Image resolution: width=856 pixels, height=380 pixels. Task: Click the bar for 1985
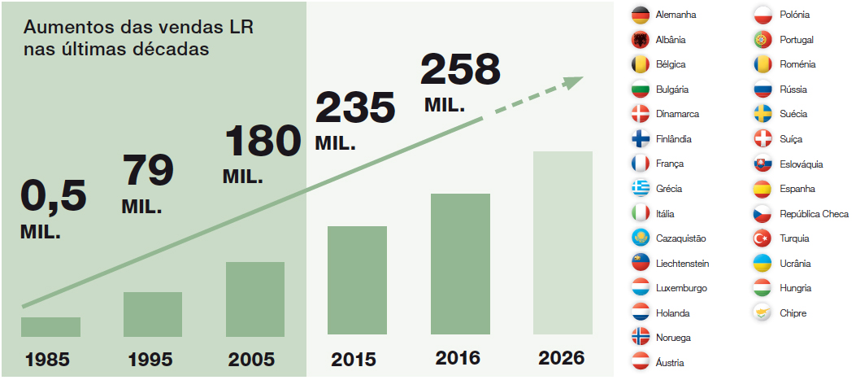[x=50, y=326]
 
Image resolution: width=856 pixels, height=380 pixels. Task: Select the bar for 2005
[x=255, y=299]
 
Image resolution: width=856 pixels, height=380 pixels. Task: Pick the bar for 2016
[x=460, y=264]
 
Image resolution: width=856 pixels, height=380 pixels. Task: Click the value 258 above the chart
[x=460, y=70]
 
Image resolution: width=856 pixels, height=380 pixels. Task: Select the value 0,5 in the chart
[x=53, y=198]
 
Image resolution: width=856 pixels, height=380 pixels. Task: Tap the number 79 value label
[x=148, y=170]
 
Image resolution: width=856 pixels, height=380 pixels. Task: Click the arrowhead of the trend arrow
[x=572, y=82]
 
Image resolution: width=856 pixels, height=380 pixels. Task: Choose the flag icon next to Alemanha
[x=641, y=15]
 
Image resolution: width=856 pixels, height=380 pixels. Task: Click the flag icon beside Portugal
[x=763, y=40]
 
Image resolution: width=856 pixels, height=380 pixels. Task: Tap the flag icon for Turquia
[x=763, y=238]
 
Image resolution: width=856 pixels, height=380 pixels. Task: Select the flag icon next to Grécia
[x=641, y=189]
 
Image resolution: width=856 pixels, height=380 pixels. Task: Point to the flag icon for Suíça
[x=763, y=139]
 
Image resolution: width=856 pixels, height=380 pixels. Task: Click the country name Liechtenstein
[x=682, y=264]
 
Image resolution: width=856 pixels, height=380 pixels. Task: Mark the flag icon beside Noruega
[x=641, y=338]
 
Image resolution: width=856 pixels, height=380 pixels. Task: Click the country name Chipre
[x=793, y=313]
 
